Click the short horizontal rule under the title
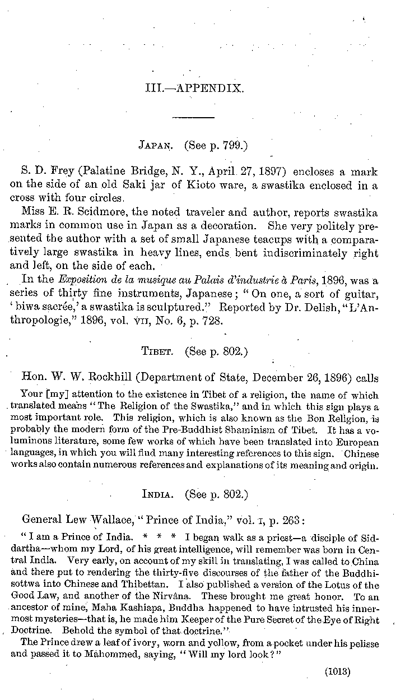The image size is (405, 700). pyautogui.click(x=194, y=117)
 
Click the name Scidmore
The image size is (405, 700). pyautogui.click(x=88, y=213)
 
